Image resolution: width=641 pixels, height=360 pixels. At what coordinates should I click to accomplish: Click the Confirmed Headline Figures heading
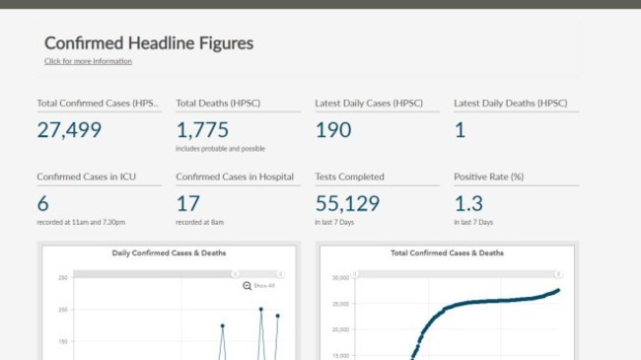(x=149, y=43)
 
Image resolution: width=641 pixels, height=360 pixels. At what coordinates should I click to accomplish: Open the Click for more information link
(x=88, y=61)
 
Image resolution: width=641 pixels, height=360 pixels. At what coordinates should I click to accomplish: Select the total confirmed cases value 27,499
(x=70, y=129)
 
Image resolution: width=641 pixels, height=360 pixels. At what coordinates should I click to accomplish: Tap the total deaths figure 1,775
(x=202, y=129)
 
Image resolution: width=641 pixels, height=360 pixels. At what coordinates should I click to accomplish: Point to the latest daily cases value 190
(x=332, y=129)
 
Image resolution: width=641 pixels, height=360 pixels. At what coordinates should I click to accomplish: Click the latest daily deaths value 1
(x=460, y=129)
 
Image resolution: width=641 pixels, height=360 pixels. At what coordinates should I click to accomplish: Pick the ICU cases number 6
(x=42, y=203)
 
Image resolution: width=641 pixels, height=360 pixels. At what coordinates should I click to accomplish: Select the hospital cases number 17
(x=187, y=203)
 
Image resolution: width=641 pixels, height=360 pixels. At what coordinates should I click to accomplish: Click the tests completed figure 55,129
(x=347, y=203)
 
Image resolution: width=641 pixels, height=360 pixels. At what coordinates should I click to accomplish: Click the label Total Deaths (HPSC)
(x=218, y=103)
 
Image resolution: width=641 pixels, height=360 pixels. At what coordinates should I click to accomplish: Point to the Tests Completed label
(x=349, y=177)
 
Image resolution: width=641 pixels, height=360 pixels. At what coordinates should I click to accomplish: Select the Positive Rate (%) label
(x=488, y=177)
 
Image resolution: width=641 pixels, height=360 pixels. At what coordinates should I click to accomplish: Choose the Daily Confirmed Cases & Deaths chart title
(x=169, y=253)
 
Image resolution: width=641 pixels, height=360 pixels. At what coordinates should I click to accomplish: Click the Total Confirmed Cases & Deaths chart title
(x=447, y=253)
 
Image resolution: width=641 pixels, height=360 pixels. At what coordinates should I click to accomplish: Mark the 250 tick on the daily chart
(x=63, y=277)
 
